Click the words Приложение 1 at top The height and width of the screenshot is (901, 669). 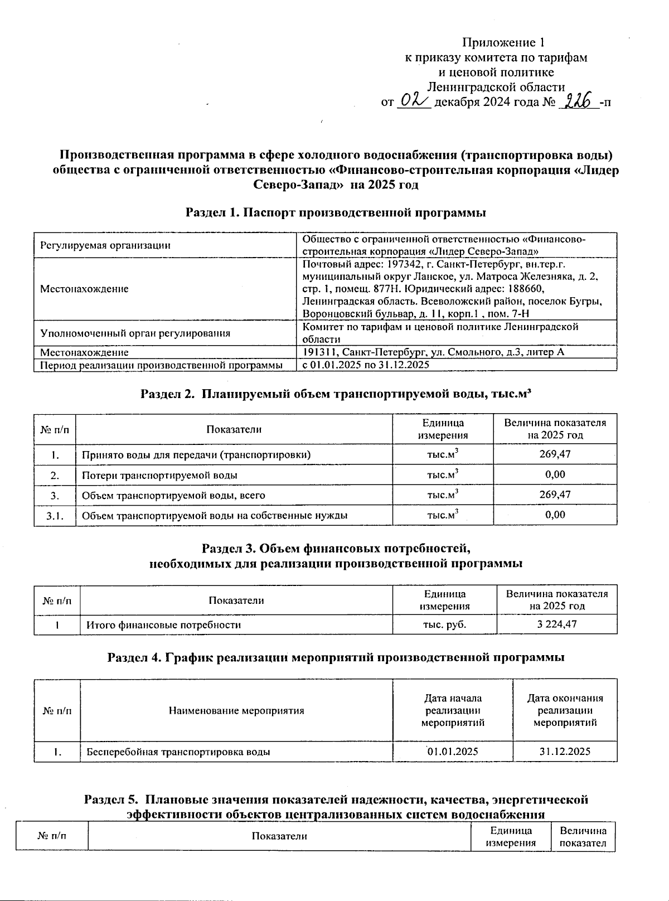503,43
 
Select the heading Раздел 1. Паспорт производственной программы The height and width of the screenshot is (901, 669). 336,212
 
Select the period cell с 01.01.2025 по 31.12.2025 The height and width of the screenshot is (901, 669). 366,365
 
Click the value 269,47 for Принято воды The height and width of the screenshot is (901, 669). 555,454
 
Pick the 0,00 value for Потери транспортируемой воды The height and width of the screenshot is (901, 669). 555,474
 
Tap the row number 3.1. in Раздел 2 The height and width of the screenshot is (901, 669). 55,515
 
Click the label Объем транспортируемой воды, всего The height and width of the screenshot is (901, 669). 173,495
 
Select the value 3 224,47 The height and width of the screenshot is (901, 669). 556,624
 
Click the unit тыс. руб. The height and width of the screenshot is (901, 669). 444,624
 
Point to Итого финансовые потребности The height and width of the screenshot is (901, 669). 163,625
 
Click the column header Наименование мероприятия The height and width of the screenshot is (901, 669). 236,710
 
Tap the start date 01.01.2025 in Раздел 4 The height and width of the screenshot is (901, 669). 453,751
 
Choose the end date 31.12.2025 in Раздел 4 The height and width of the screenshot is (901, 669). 565,751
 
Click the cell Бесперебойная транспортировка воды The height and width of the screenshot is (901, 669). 178,752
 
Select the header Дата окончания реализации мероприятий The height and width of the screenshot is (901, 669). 565,710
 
